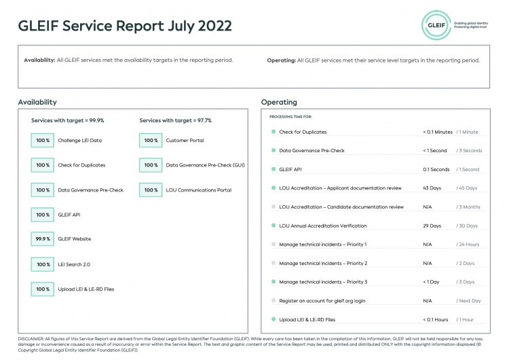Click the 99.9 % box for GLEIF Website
43,239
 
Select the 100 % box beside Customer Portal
151,140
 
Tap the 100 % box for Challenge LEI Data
43,140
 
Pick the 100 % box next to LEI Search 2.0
43,264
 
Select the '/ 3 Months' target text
468,206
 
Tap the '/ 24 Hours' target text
468,244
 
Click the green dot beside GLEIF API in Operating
273,169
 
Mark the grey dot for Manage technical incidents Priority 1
273,244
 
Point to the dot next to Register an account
273,300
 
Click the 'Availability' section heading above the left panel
37,102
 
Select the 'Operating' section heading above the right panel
279,102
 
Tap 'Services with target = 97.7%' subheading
175,120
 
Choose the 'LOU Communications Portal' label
198,190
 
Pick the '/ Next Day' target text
468,300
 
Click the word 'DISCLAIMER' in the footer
31,338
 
